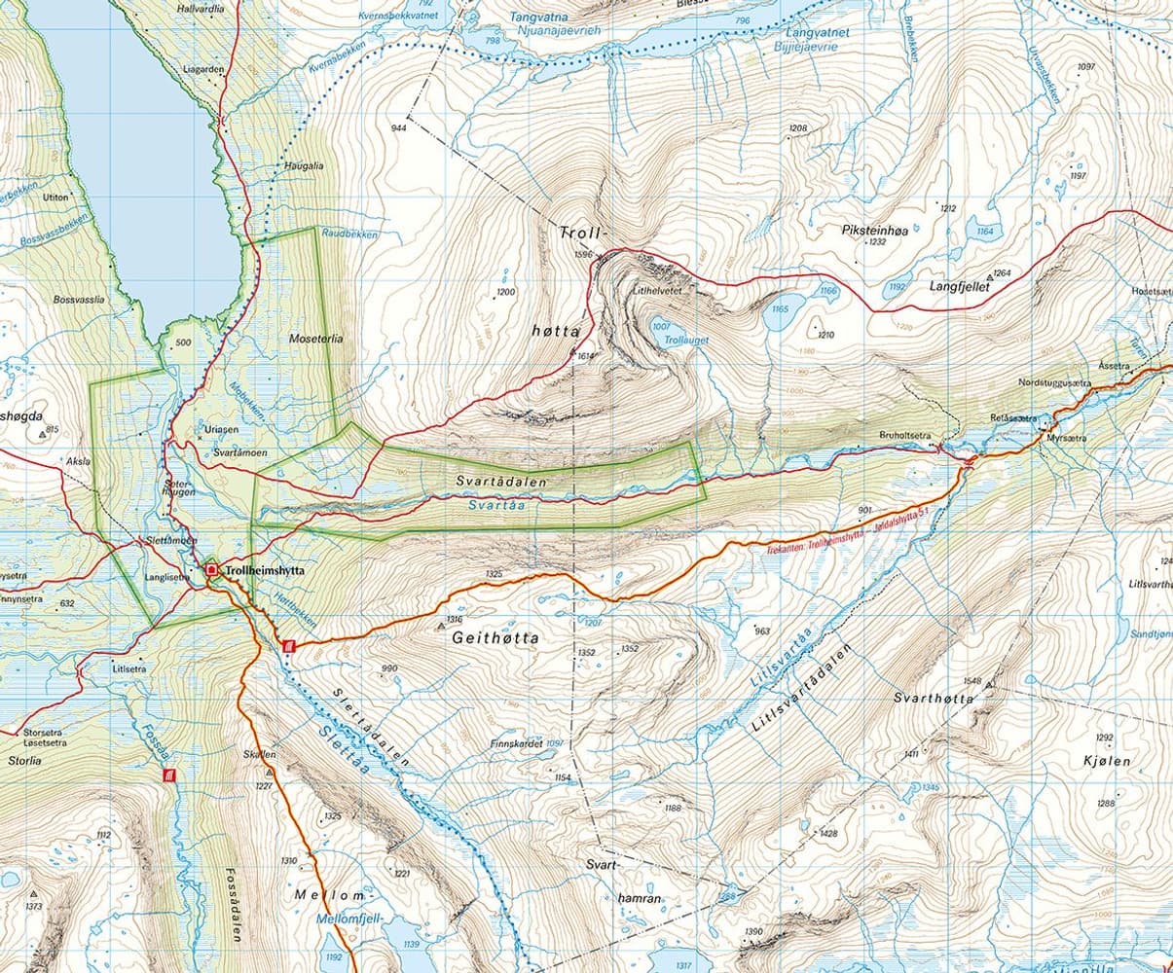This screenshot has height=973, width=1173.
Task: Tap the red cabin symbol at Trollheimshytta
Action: click(211, 569)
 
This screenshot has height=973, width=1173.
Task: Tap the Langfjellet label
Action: click(960, 288)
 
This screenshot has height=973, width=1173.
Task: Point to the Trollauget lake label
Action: click(686, 341)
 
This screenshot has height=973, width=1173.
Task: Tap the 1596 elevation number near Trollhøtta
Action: click(584, 255)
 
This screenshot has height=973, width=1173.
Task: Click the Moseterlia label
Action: click(316, 339)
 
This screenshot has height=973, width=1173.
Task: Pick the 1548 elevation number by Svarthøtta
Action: click(971, 681)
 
